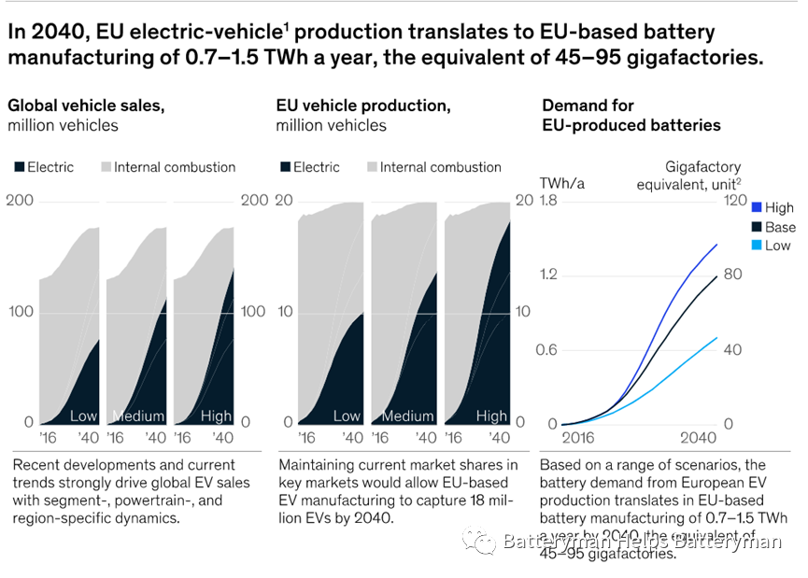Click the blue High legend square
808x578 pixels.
pyautogui.click(x=757, y=207)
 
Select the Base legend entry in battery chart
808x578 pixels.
pyautogui.click(x=772, y=227)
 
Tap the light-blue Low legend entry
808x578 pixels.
pyautogui.click(x=772, y=246)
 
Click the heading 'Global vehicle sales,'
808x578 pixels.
pyautogui.click(x=86, y=106)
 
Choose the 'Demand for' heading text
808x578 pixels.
pyautogui.click(x=588, y=106)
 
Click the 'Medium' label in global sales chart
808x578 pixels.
pyautogui.click(x=138, y=416)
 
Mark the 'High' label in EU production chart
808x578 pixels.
pyautogui.click(x=492, y=416)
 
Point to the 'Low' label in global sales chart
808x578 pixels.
pyautogui.click(x=83, y=416)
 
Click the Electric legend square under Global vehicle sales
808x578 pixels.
pyautogui.click(x=19, y=167)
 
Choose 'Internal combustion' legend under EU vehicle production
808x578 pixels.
pyautogui.click(x=440, y=167)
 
